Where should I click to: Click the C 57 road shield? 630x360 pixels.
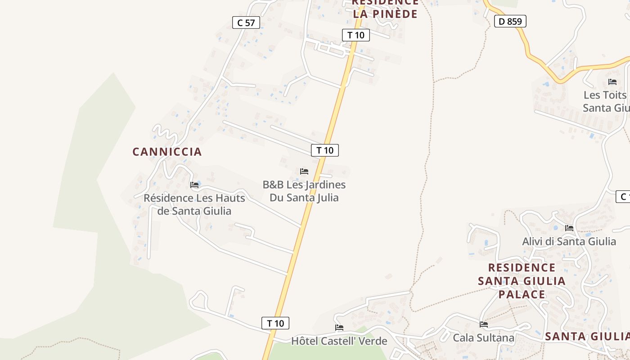tap(246, 22)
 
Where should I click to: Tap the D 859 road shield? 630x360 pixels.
tap(510, 21)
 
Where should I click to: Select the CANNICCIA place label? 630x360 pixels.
tap(167, 152)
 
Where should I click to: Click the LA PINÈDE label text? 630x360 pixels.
tap(385, 13)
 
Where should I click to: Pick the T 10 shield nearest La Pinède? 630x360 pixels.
tap(356, 35)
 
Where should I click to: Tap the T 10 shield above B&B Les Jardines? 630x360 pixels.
tap(325, 150)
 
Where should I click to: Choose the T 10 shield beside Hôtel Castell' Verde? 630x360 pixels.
tap(275, 323)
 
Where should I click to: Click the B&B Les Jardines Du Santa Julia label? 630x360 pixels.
tap(304, 191)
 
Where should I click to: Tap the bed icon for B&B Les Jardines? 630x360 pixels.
tap(304, 171)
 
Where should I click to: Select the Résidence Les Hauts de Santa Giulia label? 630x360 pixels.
tap(194, 204)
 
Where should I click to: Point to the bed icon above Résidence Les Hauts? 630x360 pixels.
tap(194, 185)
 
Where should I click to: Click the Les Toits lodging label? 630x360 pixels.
tap(606, 101)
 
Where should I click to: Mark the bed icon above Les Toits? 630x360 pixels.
tap(612, 82)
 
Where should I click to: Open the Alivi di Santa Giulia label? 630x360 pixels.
tap(569, 242)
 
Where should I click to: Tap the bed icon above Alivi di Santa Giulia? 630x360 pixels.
tap(569, 228)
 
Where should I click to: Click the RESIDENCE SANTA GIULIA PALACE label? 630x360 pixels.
tap(522, 281)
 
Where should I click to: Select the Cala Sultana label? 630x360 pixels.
tap(483, 337)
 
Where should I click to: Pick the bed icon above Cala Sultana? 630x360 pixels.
tap(484, 324)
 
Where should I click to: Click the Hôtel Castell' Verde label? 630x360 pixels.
tap(339, 341)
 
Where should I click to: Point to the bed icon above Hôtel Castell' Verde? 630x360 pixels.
tap(339, 328)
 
